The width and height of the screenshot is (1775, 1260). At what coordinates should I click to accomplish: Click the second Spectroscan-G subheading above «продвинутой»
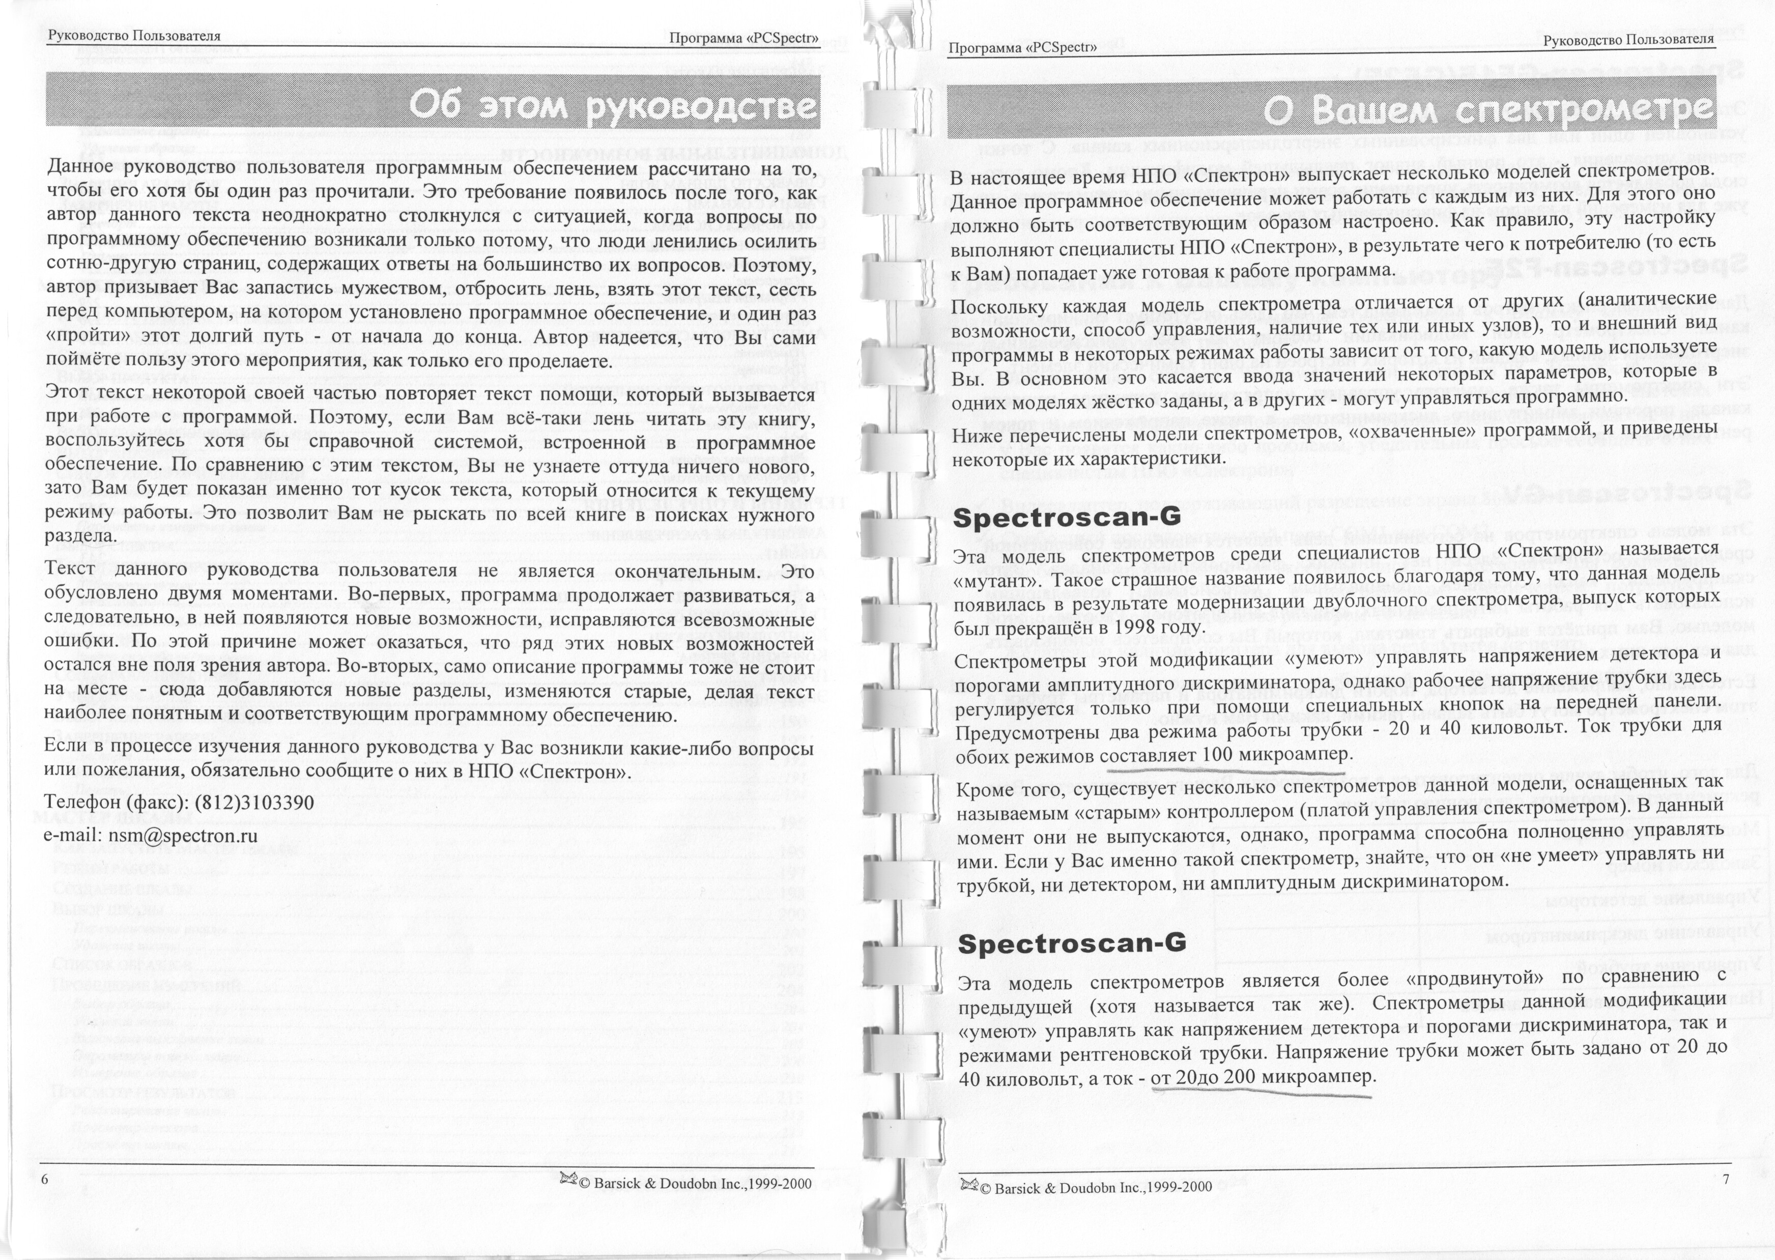click(1071, 942)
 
